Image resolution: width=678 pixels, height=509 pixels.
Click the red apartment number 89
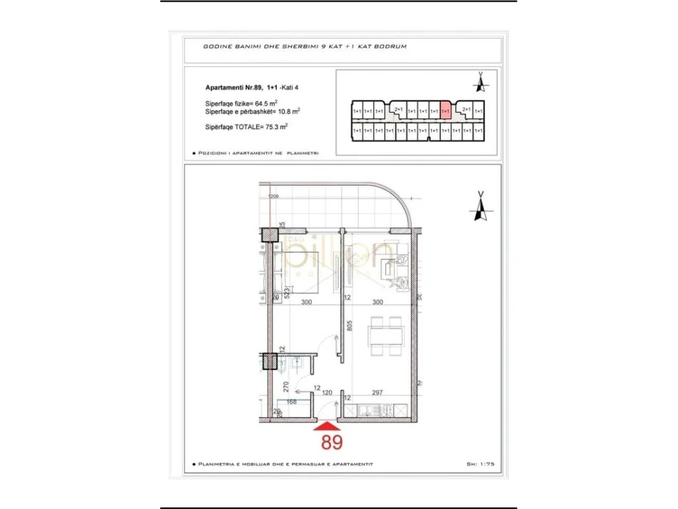331,442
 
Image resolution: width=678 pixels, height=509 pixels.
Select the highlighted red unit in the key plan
446,111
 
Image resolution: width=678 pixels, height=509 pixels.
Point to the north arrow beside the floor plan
480,206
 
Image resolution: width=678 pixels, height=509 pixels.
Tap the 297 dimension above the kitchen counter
378,392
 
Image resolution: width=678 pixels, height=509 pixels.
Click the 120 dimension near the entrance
328,392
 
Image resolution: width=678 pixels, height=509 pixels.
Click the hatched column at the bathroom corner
270,361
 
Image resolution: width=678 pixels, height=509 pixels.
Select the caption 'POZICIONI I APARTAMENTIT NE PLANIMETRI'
258,153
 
